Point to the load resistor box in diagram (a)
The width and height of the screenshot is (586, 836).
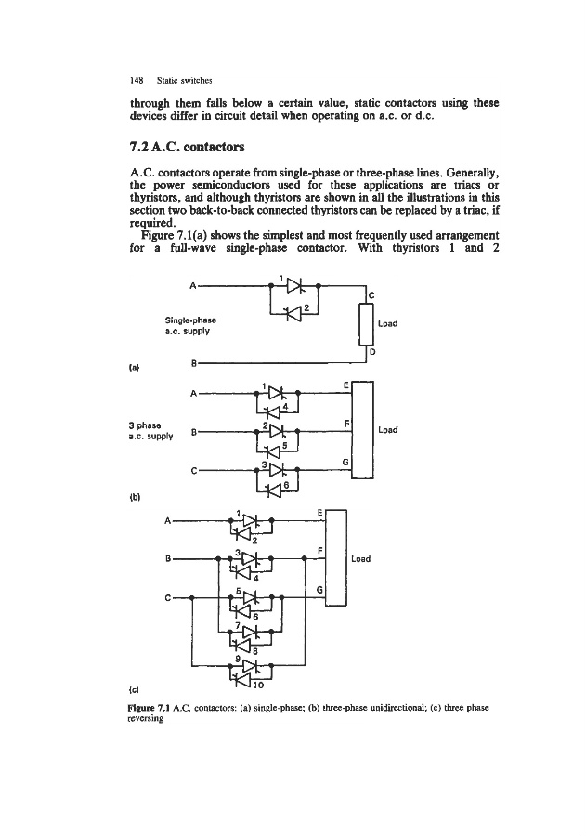365,323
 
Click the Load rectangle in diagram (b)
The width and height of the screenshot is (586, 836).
362,429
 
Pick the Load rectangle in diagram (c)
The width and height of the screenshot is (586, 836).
336,559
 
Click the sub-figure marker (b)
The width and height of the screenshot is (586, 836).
138,497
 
